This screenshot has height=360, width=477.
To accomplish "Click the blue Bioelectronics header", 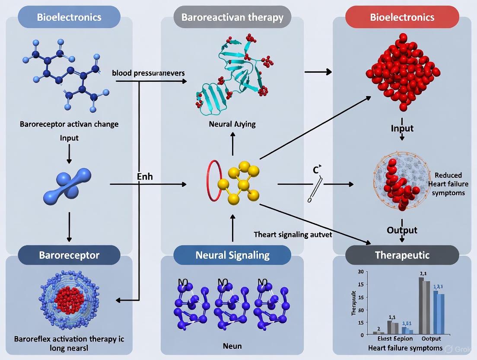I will pyautogui.click(x=69, y=17).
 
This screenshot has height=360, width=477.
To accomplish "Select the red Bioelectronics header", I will pyautogui.click(x=402, y=17).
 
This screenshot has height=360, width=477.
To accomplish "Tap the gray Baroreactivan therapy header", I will pyautogui.click(x=232, y=17).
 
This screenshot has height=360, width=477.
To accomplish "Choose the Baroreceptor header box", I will pyautogui.click(x=69, y=255).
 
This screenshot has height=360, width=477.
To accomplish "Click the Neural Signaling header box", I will pyautogui.click(x=232, y=255).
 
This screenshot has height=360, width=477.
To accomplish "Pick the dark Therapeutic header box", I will pyautogui.click(x=402, y=255).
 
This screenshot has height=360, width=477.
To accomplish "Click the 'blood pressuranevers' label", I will pyautogui.click(x=148, y=73).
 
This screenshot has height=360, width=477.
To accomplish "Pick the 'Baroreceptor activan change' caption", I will pyautogui.click(x=69, y=124).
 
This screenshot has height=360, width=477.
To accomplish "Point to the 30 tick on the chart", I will pyautogui.click(x=361, y=272).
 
